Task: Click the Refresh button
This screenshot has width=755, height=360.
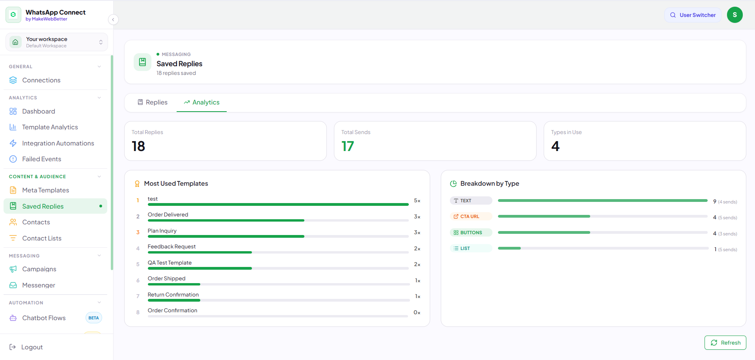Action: point(725,343)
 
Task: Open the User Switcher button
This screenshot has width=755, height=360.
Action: point(693,15)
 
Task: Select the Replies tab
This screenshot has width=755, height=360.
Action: point(152,103)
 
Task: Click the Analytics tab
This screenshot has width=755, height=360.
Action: point(201,103)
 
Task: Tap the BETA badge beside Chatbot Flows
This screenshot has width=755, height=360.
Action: point(94,318)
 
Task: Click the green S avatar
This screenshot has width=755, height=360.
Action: point(734,15)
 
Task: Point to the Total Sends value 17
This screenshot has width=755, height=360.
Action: point(348,146)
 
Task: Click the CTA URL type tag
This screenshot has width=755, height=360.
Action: point(471,216)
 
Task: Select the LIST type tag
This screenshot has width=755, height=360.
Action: point(471,248)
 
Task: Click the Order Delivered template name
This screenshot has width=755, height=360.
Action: point(168,215)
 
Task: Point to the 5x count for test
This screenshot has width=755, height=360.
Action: point(417,201)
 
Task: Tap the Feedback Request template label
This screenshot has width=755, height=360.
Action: point(172,246)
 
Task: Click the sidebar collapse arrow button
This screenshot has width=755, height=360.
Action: point(113,19)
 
